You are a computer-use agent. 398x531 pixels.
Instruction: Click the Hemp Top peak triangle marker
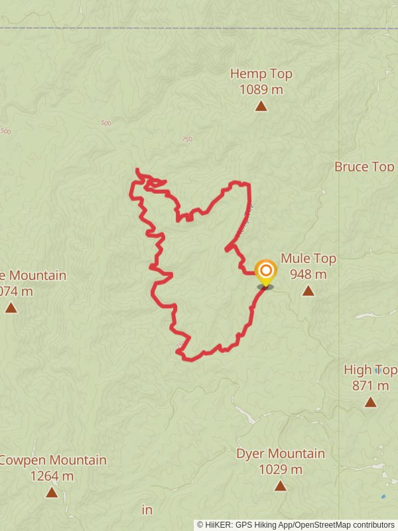261,106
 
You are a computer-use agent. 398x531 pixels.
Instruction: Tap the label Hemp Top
261,74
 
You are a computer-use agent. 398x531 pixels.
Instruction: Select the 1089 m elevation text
261,90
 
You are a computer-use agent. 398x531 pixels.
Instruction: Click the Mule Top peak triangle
308,291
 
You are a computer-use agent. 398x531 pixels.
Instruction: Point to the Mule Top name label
308,259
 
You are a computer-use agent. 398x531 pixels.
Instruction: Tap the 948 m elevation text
308,274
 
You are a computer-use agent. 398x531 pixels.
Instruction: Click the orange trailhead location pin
265,272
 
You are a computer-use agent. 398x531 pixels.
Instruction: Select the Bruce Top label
364,166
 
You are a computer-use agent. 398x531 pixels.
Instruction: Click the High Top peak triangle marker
370,402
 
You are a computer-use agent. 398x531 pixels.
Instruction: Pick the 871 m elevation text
371,386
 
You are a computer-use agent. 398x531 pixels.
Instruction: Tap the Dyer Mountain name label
281,454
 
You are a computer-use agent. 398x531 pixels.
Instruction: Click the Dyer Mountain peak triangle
281,486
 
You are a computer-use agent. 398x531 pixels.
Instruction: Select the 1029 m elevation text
281,470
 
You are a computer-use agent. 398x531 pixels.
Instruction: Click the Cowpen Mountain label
53,460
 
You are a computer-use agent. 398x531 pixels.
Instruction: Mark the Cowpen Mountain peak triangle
52,492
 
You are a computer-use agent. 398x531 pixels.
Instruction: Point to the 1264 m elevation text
52,476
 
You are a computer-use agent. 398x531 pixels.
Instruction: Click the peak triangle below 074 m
11,307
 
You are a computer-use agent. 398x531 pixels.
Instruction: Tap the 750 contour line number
186,139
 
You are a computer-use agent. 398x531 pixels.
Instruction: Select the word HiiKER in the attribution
218,524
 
